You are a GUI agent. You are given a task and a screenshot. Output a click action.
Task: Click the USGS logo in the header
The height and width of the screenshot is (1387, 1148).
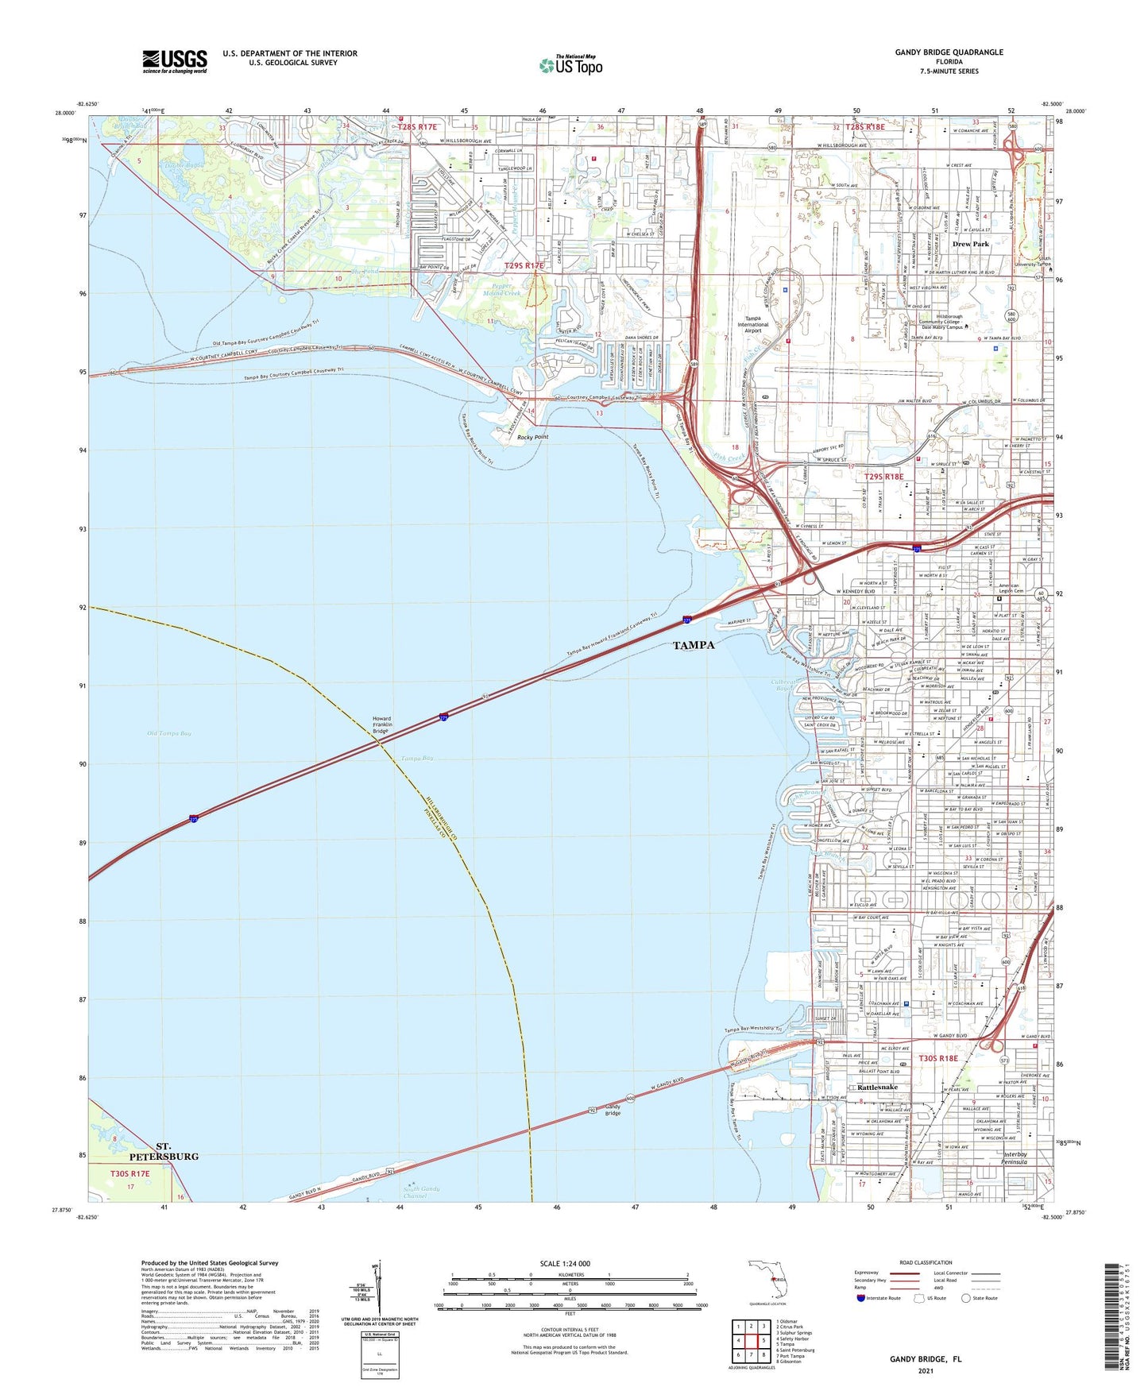click(175, 61)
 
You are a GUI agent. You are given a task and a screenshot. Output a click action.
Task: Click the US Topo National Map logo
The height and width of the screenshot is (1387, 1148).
click(570, 65)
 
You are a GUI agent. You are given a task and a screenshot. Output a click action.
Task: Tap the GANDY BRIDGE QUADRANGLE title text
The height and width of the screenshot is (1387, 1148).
click(949, 52)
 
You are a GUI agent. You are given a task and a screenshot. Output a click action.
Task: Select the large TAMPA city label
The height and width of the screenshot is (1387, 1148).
click(694, 645)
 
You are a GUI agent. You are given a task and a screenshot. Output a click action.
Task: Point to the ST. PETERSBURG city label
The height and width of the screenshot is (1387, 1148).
click(176, 1151)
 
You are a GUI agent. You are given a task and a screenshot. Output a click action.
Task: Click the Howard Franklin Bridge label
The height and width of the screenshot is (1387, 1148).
click(381, 724)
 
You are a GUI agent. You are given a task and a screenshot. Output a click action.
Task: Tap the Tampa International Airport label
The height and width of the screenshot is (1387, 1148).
click(752, 324)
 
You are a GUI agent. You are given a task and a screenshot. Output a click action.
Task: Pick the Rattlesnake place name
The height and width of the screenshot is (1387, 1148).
click(875, 1087)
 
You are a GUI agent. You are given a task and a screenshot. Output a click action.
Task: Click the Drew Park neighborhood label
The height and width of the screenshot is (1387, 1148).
click(970, 244)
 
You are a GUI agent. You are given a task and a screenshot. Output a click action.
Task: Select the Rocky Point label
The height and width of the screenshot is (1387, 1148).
click(533, 437)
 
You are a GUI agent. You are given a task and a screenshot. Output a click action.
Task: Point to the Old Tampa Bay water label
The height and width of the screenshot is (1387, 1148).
click(169, 733)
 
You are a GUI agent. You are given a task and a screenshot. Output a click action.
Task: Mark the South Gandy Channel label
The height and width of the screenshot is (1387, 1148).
click(420, 1192)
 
